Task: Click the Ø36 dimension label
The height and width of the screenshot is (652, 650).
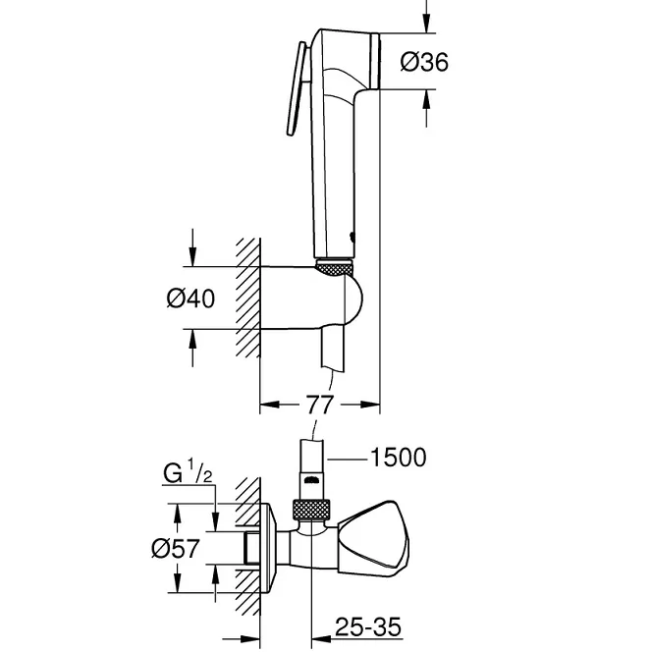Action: (x=425, y=63)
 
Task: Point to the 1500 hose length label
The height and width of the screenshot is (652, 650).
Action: (x=397, y=457)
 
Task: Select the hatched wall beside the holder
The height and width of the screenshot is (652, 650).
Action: (x=246, y=299)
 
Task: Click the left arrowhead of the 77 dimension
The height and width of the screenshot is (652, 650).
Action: (x=265, y=403)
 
